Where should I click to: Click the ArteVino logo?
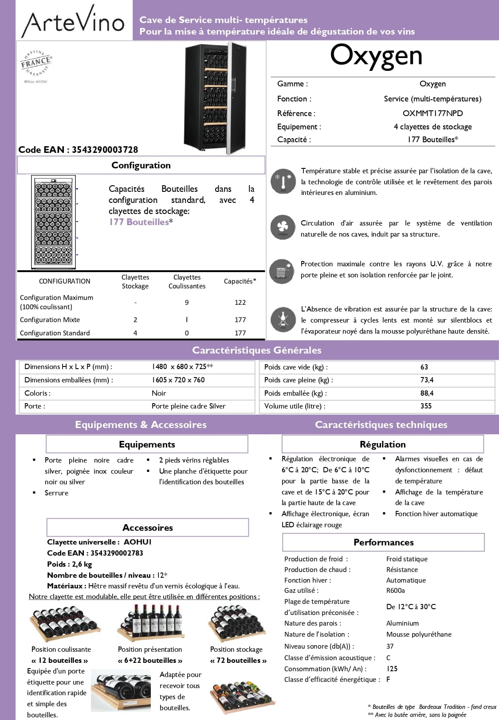pos(74,21)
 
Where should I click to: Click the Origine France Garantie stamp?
pos(36,63)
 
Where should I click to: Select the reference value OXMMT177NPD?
pos(432,113)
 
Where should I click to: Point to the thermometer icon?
pos(283,181)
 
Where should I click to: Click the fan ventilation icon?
pos(283,227)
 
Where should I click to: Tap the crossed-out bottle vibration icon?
pos(283,319)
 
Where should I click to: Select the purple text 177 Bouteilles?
pos(139,222)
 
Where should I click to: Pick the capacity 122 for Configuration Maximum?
pos(240,303)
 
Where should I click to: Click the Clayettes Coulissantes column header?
pos(187,282)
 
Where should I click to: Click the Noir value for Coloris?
pos(159,393)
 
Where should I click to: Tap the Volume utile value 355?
pos(426,406)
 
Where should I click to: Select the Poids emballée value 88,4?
pos(427,393)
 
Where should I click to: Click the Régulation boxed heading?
pos(382,444)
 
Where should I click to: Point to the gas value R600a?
pos(395,591)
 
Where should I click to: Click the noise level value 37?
pos(390,646)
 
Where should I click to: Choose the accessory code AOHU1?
pos(138,542)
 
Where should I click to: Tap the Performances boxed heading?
pos(383,542)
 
